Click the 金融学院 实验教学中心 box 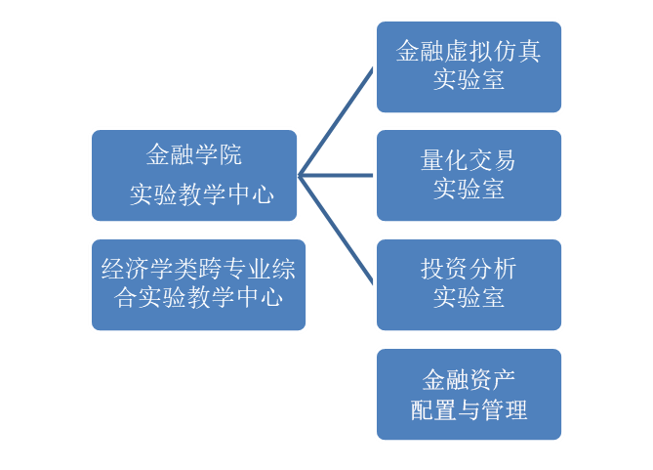click(194, 175)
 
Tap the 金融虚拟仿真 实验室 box click(469, 65)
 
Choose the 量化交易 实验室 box click(469, 175)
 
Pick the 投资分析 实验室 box click(469, 283)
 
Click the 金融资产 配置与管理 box click(469, 394)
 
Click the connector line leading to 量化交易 click(337, 176)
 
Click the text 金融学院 click(194, 155)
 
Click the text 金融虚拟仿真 click(469, 52)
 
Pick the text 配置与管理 click(469, 409)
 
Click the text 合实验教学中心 click(198, 298)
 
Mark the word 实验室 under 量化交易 click(469, 190)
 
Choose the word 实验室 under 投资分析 click(469, 298)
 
